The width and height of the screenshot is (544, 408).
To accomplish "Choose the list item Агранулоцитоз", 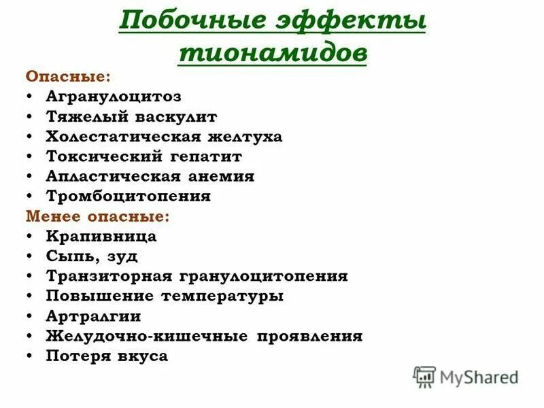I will tap(114, 97).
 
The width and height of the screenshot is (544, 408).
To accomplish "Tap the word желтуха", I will tap(245, 137).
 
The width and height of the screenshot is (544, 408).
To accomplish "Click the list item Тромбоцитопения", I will tap(129, 197).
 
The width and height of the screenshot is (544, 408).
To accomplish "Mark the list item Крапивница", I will tap(101, 237).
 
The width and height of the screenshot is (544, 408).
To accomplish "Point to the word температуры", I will tap(223, 296).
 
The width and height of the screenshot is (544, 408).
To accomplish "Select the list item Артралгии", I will tap(93, 316).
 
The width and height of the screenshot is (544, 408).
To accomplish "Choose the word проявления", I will tap(310, 336).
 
